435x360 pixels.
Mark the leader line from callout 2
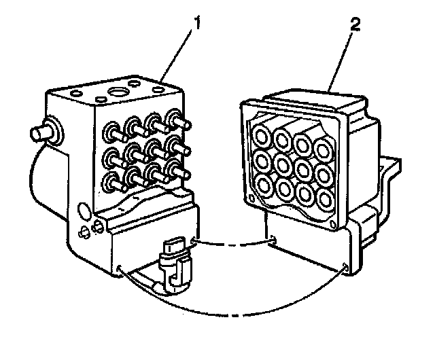coord(342,62)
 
